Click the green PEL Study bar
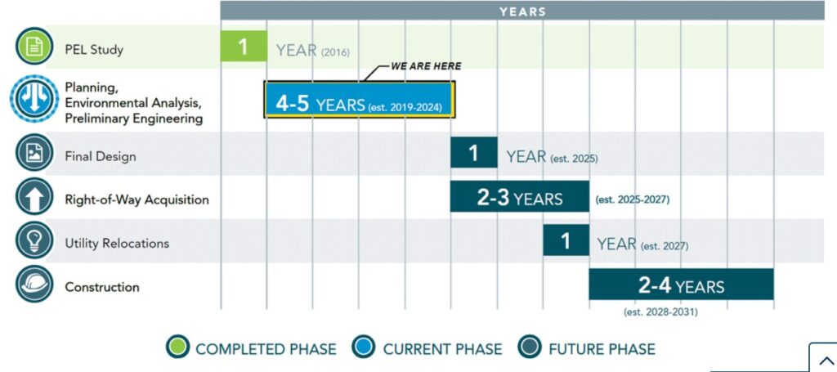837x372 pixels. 244,46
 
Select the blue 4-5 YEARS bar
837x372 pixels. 360,100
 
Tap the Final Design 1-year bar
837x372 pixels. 473,153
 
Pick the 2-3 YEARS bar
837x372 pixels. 519,196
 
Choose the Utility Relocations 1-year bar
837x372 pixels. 566,240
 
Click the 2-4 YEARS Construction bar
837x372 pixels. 681,285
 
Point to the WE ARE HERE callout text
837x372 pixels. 426,67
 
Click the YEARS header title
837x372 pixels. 522,11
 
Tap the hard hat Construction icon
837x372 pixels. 34,285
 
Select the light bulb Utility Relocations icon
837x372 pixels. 34,240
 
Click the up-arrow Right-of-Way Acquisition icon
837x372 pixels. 34,197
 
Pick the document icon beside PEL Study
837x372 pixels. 34,47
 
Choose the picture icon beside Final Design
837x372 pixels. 34,153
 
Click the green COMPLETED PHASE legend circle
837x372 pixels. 177,347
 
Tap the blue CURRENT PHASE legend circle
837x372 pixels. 364,347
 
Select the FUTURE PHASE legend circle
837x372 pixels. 530,347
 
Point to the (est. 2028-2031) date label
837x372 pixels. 660,312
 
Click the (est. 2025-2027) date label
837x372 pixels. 632,199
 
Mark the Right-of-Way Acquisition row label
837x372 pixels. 137,199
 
